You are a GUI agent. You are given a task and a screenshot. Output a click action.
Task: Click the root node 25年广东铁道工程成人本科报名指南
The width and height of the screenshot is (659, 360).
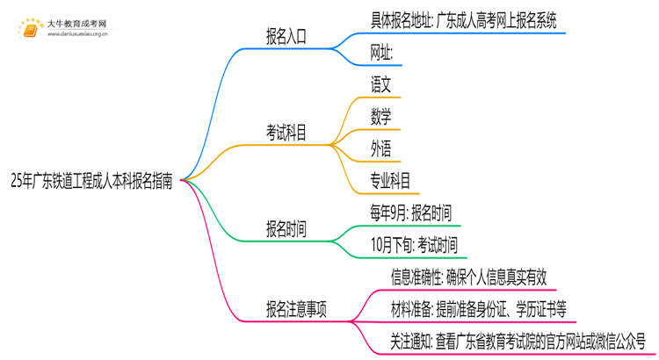coord(91,182)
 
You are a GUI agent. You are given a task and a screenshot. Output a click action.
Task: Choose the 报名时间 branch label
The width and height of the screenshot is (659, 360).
coord(286,230)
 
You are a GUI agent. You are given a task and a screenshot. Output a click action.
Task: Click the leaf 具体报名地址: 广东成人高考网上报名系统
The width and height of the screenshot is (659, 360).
coord(464,20)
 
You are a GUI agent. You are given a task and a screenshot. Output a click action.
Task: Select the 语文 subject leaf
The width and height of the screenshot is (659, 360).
coord(381,85)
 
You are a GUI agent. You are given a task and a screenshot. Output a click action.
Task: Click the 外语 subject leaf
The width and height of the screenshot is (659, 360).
coord(381,150)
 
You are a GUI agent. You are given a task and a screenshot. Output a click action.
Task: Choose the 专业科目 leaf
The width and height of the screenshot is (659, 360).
coord(391,182)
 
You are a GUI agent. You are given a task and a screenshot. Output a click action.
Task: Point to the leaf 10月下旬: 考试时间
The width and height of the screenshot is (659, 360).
coord(414,245)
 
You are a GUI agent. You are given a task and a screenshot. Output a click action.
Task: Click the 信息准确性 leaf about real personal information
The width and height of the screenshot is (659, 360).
coord(469,277)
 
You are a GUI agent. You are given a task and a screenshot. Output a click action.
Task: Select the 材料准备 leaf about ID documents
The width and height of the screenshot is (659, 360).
coord(479,309)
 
